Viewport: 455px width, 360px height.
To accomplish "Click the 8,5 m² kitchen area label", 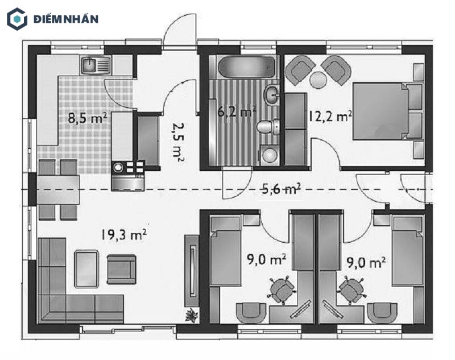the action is (x=88, y=118).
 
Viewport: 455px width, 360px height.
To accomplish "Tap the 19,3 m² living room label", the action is (x=123, y=234).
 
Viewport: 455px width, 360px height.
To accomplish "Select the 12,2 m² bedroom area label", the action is (x=330, y=116).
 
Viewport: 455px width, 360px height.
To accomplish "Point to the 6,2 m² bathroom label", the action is (x=237, y=111).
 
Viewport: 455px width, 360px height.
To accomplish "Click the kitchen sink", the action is (x=96, y=65).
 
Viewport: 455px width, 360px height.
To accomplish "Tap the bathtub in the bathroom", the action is (x=246, y=67).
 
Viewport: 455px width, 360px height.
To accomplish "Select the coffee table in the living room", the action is (x=86, y=269).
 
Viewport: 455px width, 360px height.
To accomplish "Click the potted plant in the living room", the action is (x=192, y=315).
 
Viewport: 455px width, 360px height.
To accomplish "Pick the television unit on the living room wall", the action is (x=192, y=271).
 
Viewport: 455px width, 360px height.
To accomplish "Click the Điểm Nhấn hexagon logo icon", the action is (x=17, y=19).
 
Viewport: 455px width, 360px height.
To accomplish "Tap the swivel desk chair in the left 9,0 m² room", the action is (x=282, y=290).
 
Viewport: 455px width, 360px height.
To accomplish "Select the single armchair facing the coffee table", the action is (x=122, y=269).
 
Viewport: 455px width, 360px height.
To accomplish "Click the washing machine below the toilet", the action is (x=270, y=155).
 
